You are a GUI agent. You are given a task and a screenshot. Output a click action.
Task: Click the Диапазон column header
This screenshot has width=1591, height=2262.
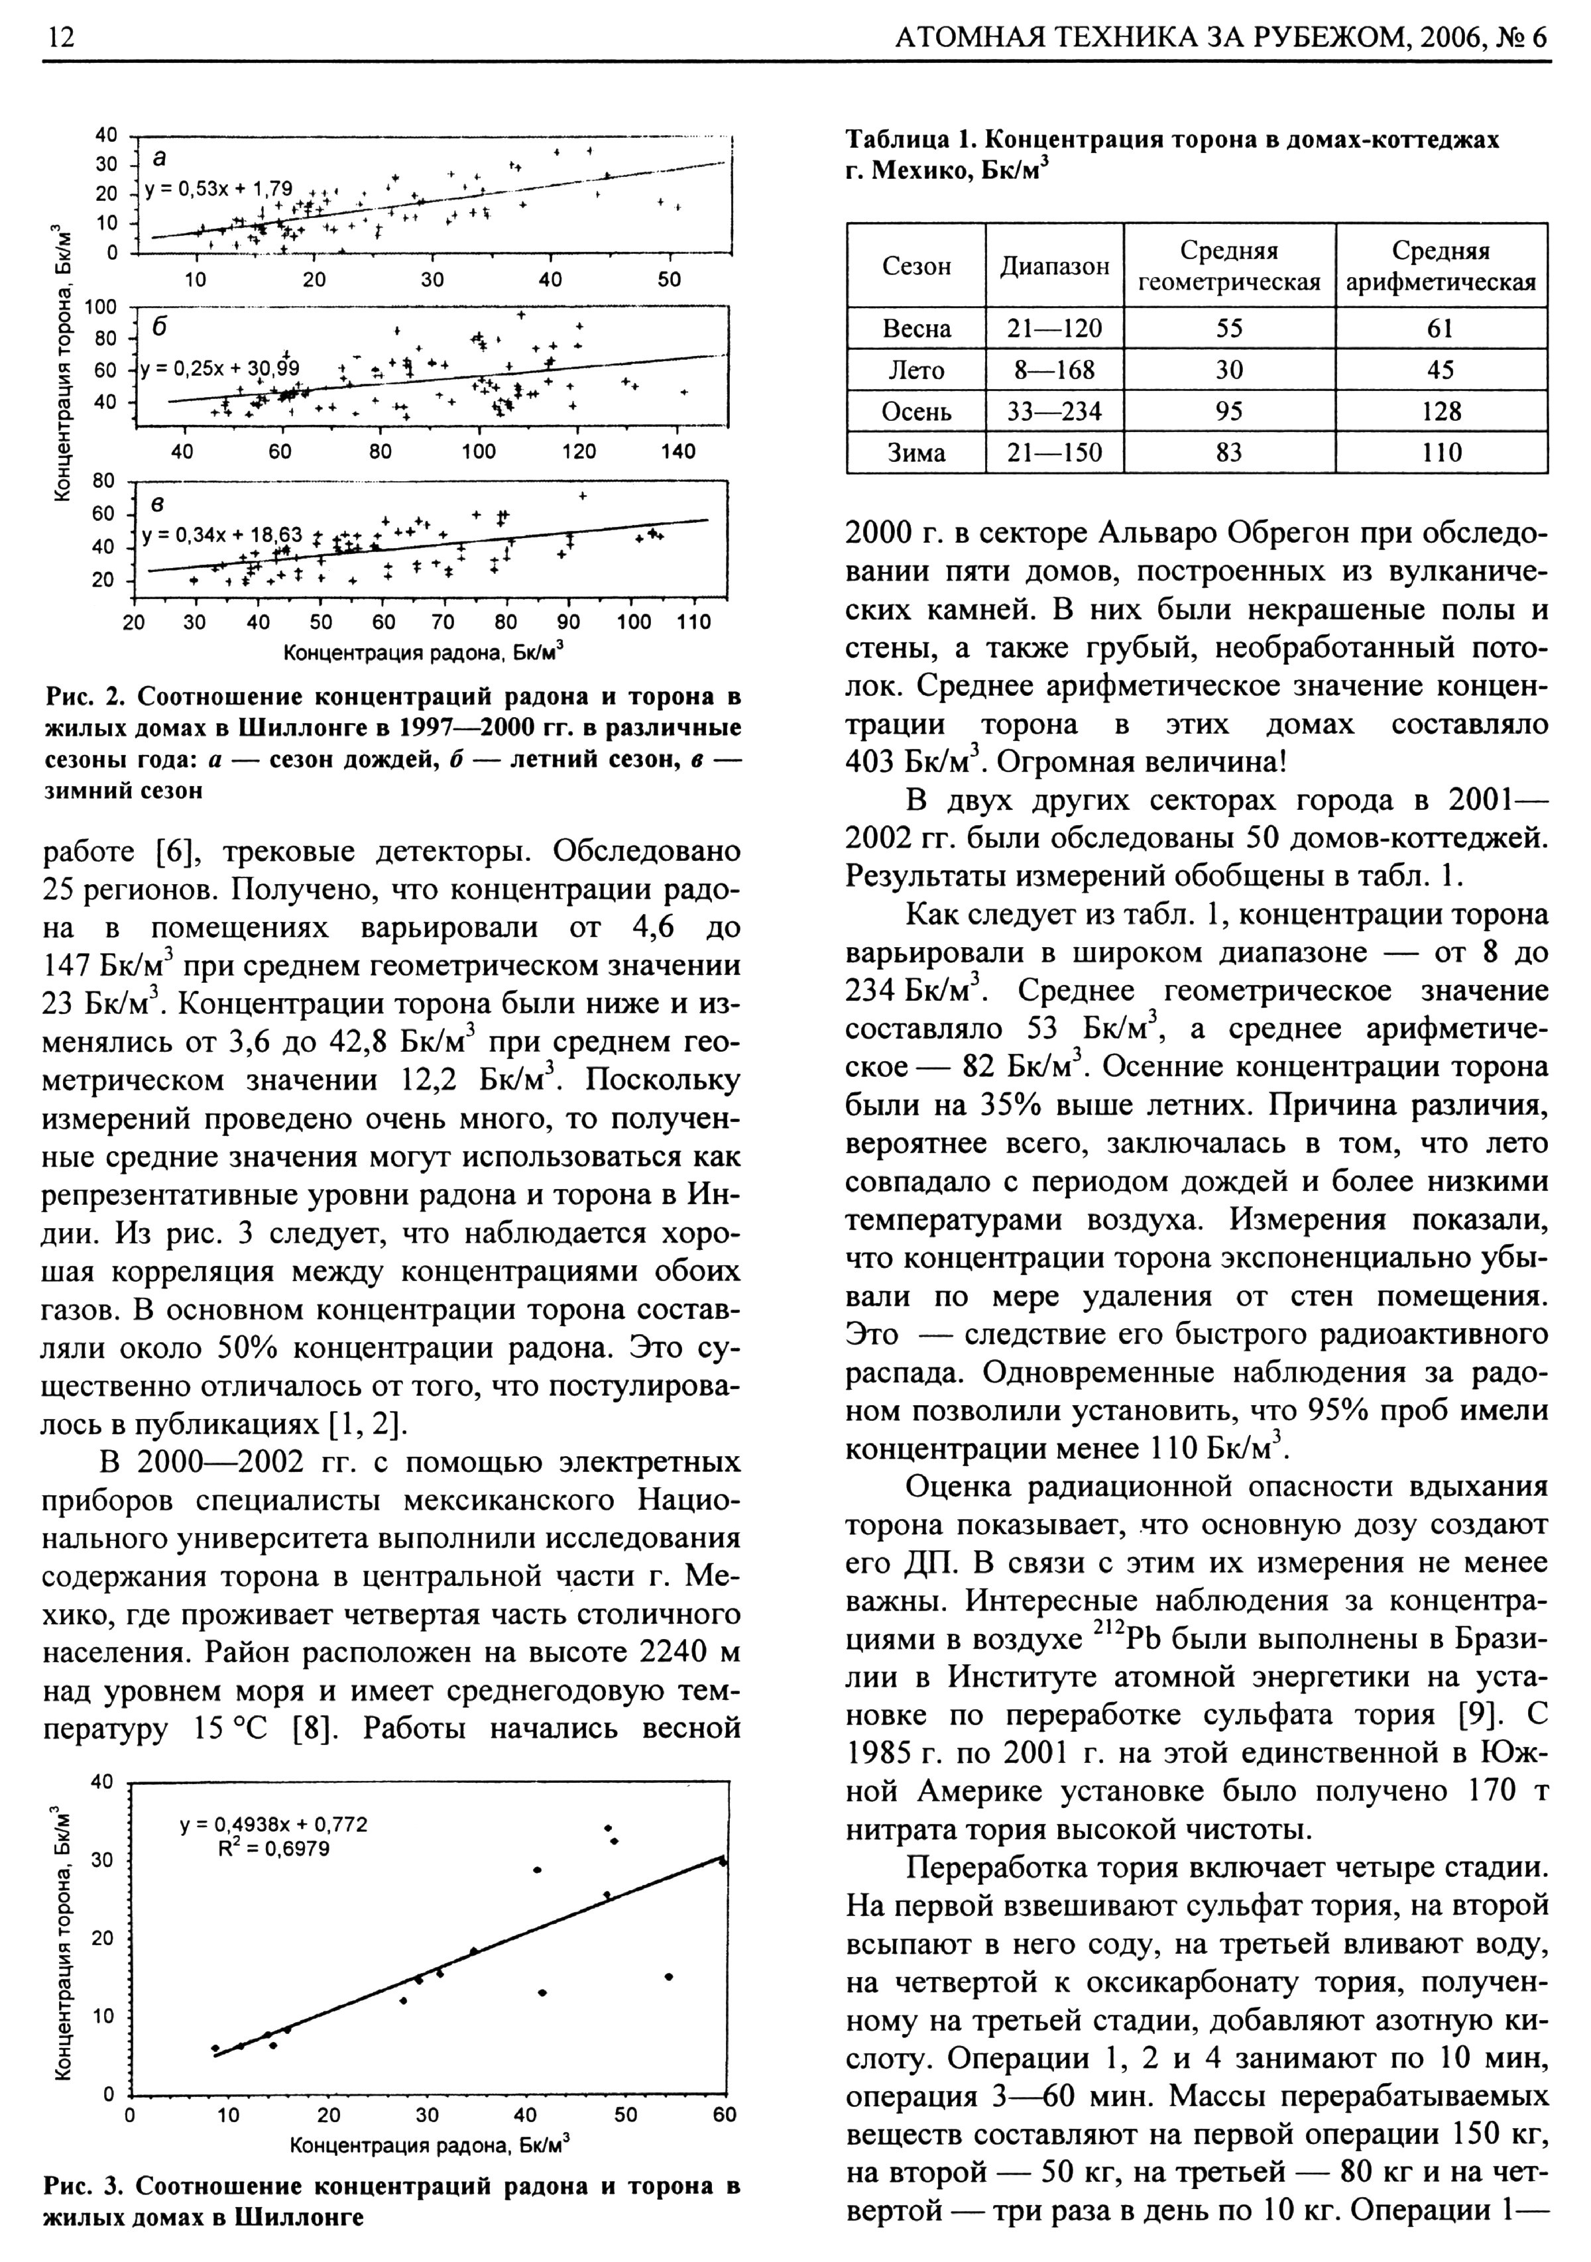click(x=1054, y=266)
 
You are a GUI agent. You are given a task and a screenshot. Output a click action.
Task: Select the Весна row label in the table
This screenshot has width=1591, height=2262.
click(x=916, y=328)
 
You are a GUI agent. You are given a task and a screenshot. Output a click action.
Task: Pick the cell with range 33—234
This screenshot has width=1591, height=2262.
click(x=1054, y=411)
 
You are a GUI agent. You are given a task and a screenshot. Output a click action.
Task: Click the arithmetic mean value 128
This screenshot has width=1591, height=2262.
click(x=1441, y=411)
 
